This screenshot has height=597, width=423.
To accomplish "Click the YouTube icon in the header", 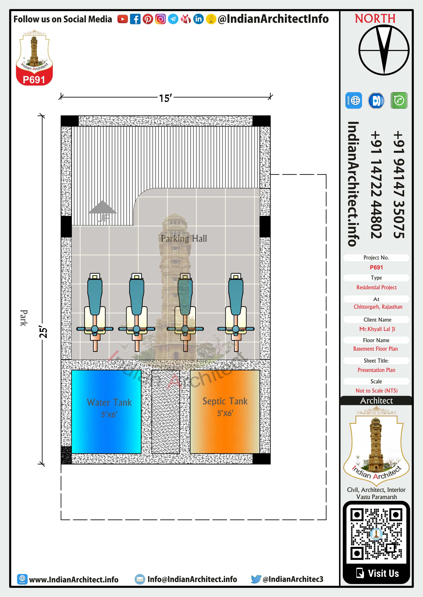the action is point(122,19).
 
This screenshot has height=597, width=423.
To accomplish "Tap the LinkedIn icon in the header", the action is point(199,19).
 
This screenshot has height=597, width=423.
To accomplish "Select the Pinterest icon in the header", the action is point(148,19).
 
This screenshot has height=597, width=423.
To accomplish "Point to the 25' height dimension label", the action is point(43,332).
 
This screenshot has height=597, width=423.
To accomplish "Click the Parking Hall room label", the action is point(184,238).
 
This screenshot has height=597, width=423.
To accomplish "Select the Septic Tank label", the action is point(225,401).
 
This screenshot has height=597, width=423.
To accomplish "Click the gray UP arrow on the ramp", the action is point(103,207).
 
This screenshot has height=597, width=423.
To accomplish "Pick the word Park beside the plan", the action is point(24,318).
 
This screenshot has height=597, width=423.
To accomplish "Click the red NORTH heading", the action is point(375,19).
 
